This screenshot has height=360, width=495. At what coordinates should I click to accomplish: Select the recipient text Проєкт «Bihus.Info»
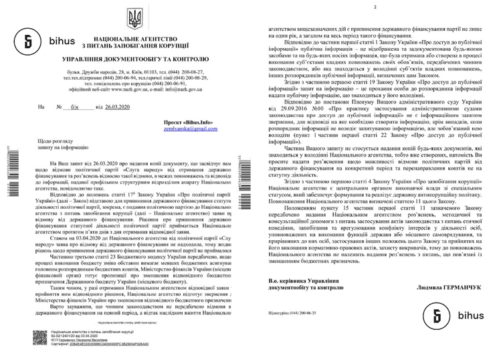click(x=194, y=122)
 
